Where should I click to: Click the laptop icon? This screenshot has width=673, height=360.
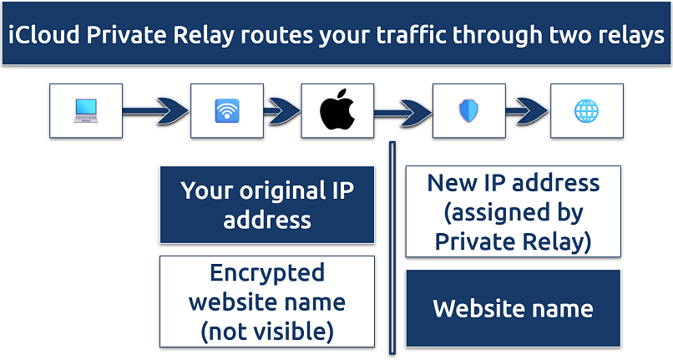point(85,110)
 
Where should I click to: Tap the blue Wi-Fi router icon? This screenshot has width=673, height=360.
point(226,110)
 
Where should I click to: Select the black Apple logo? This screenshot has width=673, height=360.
point(337,110)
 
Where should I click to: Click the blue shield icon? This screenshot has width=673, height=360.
point(468,110)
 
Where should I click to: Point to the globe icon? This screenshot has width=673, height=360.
point(586,110)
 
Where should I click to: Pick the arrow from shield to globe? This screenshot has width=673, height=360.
point(526,110)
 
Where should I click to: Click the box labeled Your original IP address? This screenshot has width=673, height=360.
point(266,205)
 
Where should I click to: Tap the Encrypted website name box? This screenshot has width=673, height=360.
point(266,302)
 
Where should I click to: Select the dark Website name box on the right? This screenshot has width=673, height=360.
point(513,308)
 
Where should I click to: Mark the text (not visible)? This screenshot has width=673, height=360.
point(266,331)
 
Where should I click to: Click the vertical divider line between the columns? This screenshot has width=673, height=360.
point(390,251)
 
